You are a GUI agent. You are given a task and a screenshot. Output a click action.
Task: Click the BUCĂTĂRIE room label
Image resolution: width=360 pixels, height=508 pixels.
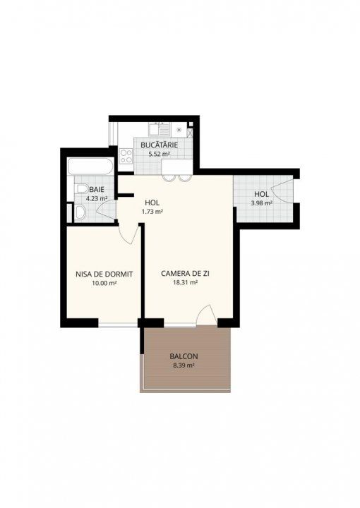coord(159,145)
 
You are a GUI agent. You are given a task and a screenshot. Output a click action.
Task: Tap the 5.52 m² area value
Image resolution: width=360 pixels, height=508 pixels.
coord(159,155)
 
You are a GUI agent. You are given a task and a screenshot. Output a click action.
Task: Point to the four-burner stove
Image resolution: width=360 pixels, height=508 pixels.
coord(126,156)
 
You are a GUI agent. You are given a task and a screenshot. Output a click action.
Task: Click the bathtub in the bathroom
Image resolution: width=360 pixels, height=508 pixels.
coord(90,167)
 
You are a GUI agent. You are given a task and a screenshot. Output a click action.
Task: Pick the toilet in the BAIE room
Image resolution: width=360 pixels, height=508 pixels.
coord(81,189)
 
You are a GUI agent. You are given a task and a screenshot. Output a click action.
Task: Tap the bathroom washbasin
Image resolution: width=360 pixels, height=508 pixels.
coord(80,212)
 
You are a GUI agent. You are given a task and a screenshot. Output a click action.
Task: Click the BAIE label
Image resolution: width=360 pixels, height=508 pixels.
coord(97,190)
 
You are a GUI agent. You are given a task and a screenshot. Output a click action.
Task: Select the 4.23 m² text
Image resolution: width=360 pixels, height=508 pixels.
coord(97,198)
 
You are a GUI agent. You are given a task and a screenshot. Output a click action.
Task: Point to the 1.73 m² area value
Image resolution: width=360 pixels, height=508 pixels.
coord(152,212)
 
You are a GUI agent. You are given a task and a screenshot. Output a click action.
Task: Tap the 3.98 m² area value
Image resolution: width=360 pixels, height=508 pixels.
coord(261,203)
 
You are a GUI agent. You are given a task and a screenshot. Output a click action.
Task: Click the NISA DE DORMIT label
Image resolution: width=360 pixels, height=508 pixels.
coord(104,274)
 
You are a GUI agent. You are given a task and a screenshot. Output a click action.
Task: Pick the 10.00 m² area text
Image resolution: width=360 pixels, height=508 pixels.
coord(104,283)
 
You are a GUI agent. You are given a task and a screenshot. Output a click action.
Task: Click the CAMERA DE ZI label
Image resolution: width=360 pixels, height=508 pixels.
coord(185,274)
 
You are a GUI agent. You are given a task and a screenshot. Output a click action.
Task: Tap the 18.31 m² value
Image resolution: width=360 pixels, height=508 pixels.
coord(185,282)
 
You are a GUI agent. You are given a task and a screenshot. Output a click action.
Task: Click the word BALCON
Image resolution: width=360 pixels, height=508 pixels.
coord(184,356)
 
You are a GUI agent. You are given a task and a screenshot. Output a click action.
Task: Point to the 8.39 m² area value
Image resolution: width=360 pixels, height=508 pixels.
coord(184,365)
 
